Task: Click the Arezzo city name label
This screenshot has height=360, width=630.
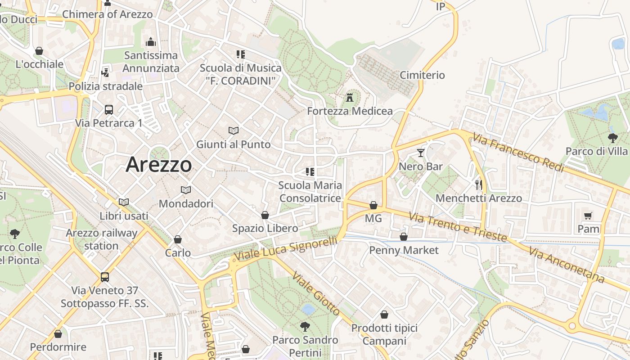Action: pos(159,165)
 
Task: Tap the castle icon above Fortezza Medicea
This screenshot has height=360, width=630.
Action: pos(350,97)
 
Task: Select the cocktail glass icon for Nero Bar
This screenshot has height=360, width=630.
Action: pos(421,153)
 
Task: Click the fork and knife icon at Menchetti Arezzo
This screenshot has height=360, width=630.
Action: pos(479,184)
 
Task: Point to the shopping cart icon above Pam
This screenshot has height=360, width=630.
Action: pos(588,216)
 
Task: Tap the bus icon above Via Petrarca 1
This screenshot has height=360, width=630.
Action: pos(109,109)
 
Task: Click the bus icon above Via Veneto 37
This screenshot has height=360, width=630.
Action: pos(105,277)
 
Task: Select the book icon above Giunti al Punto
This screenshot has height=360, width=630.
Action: pos(233,131)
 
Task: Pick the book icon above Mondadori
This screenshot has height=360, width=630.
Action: pos(186,190)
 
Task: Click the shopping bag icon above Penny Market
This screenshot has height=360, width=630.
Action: pos(404,236)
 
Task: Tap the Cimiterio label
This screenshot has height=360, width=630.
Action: pos(422,75)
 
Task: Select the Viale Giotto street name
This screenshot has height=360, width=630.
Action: pos(316,294)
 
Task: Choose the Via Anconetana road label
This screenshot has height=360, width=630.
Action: pos(567,265)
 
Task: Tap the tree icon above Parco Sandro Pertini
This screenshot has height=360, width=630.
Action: pos(305,326)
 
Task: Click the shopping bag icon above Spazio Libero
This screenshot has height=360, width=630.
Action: pos(265,215)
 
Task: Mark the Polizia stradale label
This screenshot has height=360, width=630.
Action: pos(105,86)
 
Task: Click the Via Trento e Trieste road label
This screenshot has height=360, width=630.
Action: pos(458,227)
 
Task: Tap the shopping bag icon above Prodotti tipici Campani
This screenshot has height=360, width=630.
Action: pos(384,315)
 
